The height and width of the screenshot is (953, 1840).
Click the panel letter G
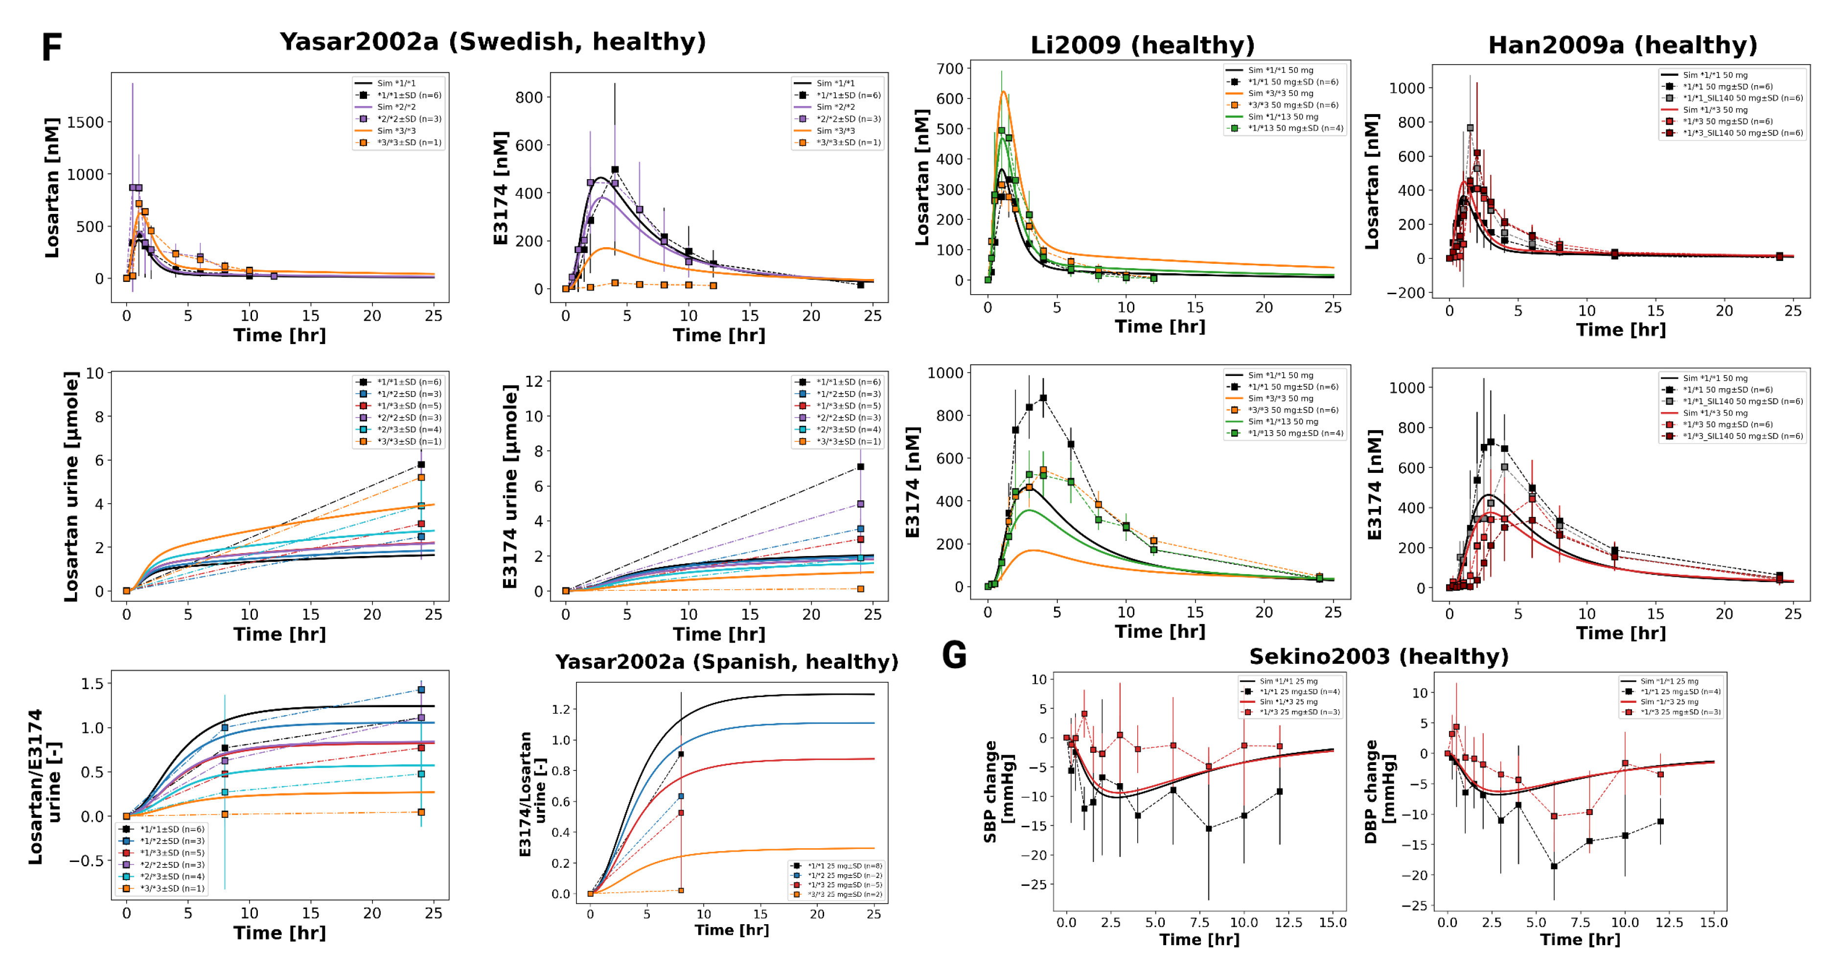coord(954,655)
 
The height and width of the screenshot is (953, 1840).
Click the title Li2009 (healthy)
coord(1141,45)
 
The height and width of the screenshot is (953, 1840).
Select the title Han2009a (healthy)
coord(1622,45)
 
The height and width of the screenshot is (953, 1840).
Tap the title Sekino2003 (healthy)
coord(1379,656)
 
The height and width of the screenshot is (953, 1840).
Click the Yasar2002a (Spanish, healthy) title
coord(726,662)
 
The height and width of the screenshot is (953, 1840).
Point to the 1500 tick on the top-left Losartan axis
coord(85,122)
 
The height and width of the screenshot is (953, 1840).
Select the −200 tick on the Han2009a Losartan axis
coord(1406,293)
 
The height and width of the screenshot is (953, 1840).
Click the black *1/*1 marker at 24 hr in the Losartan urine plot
coord(421,465)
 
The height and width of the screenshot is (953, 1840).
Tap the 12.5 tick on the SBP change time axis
coord(1288,922)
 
